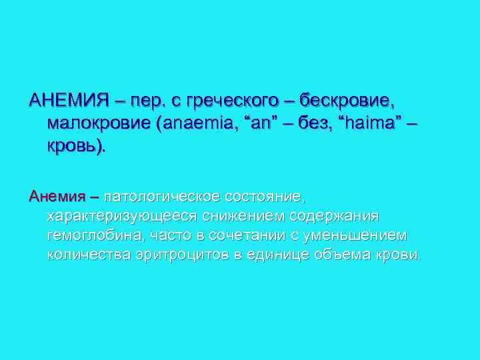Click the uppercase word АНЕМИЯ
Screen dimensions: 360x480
point(69,101)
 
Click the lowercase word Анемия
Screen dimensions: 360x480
point(57,197)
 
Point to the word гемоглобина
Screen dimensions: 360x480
point(93,236)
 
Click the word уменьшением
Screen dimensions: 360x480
point(354,236)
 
